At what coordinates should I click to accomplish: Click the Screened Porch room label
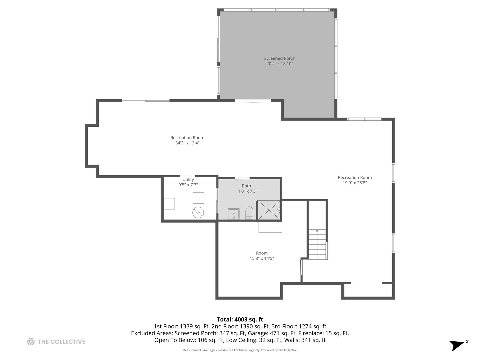[x=279, y=58]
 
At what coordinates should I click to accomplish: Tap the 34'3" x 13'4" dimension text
[x=187, y=143]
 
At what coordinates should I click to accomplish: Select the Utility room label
[x=188, y=179]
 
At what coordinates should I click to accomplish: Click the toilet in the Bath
[x=249, y=213]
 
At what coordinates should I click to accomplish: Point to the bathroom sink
[x=234, y=214]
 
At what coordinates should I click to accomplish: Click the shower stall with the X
[x=269, y=210]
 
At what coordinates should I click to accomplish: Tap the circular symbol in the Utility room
[x=198, y=212]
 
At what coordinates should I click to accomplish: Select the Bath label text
[x=246, y=186]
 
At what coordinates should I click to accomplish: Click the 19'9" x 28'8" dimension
[x=354, y=183]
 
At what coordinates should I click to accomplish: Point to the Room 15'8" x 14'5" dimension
[x=262, y=258]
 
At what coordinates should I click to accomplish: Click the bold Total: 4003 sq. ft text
[x=240, y=320]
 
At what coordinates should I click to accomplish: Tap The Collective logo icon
[x=31, y=341]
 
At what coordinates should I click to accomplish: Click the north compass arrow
[x=456, y=345]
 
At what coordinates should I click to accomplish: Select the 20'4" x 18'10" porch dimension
[x=279, y=64]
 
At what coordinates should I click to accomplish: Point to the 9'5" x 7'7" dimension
[x=188, y=185]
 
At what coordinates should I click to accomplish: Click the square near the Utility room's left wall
[x=169, y=204]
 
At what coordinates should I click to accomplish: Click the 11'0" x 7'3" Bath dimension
[x=246, y=191]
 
